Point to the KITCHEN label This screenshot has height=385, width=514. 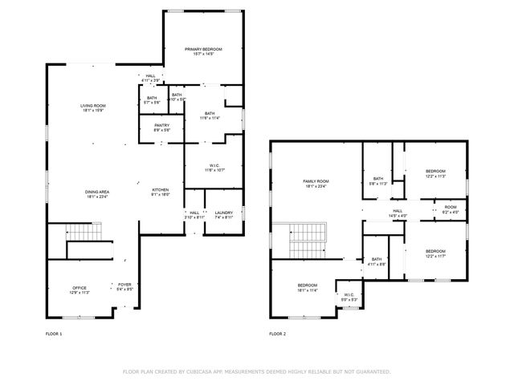pyautogui.click(x=161, y=191)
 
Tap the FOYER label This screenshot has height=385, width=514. pyautogui.click(x=124, y=286)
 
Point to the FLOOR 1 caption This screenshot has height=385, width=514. pyautogui.click(x=54, y=333)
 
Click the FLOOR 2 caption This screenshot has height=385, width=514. pyautogui.click(x=278, y=333)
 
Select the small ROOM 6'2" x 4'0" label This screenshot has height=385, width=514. pyautogui.click(x=451, y=210)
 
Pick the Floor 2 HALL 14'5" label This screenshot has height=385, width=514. pyautogui.click(x=398, y=212)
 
